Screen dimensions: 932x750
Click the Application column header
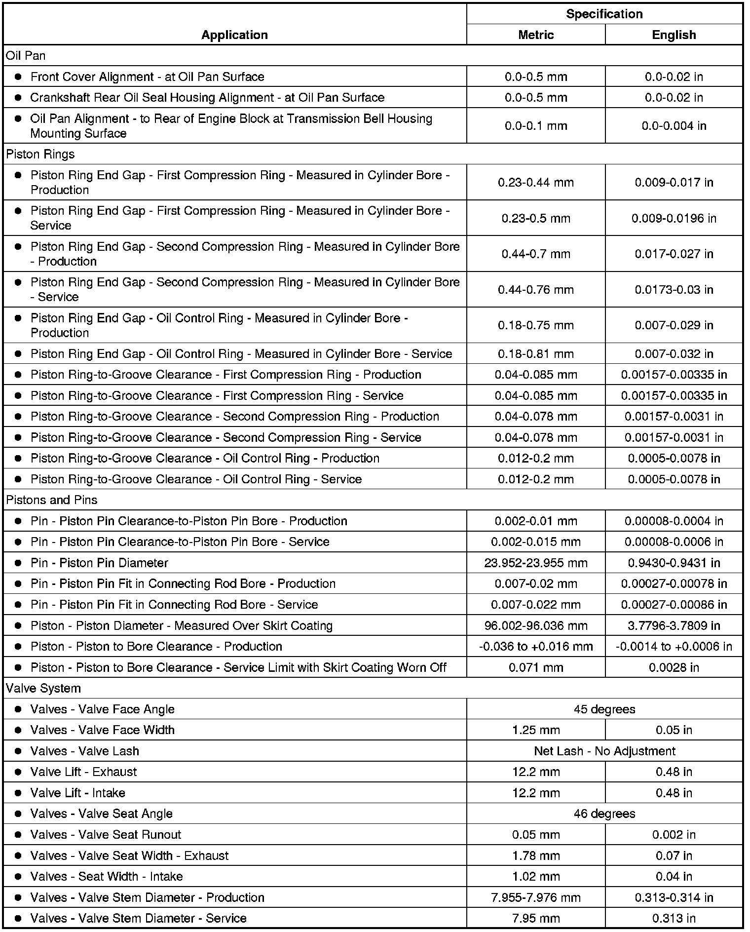[234, 35]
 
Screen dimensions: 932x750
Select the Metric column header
[536, 35]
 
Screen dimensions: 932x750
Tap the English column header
[674, 35]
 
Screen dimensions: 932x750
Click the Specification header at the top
[604, 14]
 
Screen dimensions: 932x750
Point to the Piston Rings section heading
[40, 154]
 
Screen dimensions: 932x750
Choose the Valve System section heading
[43, 688]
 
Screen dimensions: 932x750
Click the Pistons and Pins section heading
[52, 500]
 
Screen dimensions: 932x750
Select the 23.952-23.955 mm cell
[536, 563]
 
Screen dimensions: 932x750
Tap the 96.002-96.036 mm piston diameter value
[536, 626]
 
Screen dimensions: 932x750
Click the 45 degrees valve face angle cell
[604, 709]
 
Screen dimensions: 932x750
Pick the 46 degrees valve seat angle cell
[604, 814]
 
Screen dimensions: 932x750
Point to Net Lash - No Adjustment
[604, 751]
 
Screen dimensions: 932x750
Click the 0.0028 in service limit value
[674, 667]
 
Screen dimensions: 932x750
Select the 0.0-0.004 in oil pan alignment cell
[674, 126]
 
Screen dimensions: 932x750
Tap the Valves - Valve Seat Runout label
[106, 835]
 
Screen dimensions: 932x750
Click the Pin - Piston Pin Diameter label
[99, 563]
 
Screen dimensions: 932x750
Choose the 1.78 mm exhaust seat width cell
[536, 855]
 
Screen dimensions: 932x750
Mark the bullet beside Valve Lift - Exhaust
[18, 772]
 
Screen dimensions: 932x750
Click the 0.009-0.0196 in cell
[674, 218]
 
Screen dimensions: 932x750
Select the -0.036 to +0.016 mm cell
[536, 647]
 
